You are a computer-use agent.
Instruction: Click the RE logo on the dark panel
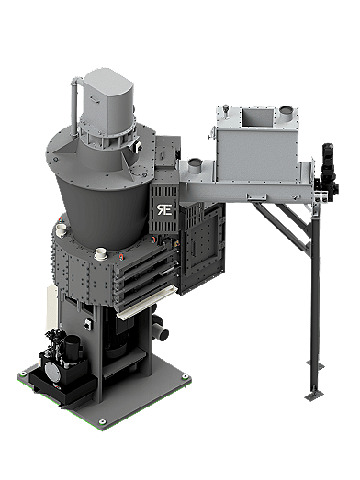[x=163, y=205]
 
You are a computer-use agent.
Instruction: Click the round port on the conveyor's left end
[x=194, y=166]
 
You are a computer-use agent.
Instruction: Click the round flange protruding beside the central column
[x=162, y=325]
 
